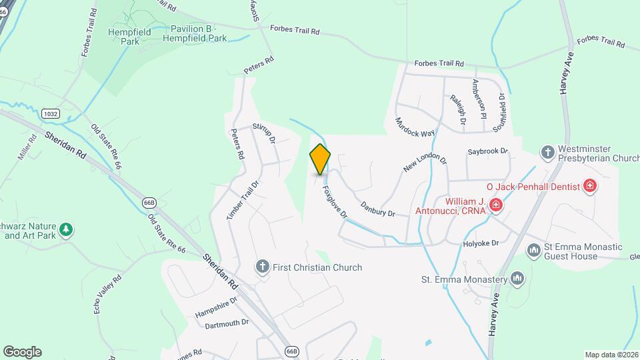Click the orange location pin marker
point(320,159)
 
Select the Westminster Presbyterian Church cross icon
point(547,152)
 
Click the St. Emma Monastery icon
point(518,279)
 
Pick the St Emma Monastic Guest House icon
point(533,251)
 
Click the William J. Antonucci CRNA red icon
point(495,205)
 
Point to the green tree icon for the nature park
point(65,230)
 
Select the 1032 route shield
point(50,114)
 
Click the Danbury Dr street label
point(378,209)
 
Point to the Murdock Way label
point(415,127)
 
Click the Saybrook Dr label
point(487,152)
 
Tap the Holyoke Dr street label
point(481,244)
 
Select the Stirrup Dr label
point(264,132)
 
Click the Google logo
point(22,351)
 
